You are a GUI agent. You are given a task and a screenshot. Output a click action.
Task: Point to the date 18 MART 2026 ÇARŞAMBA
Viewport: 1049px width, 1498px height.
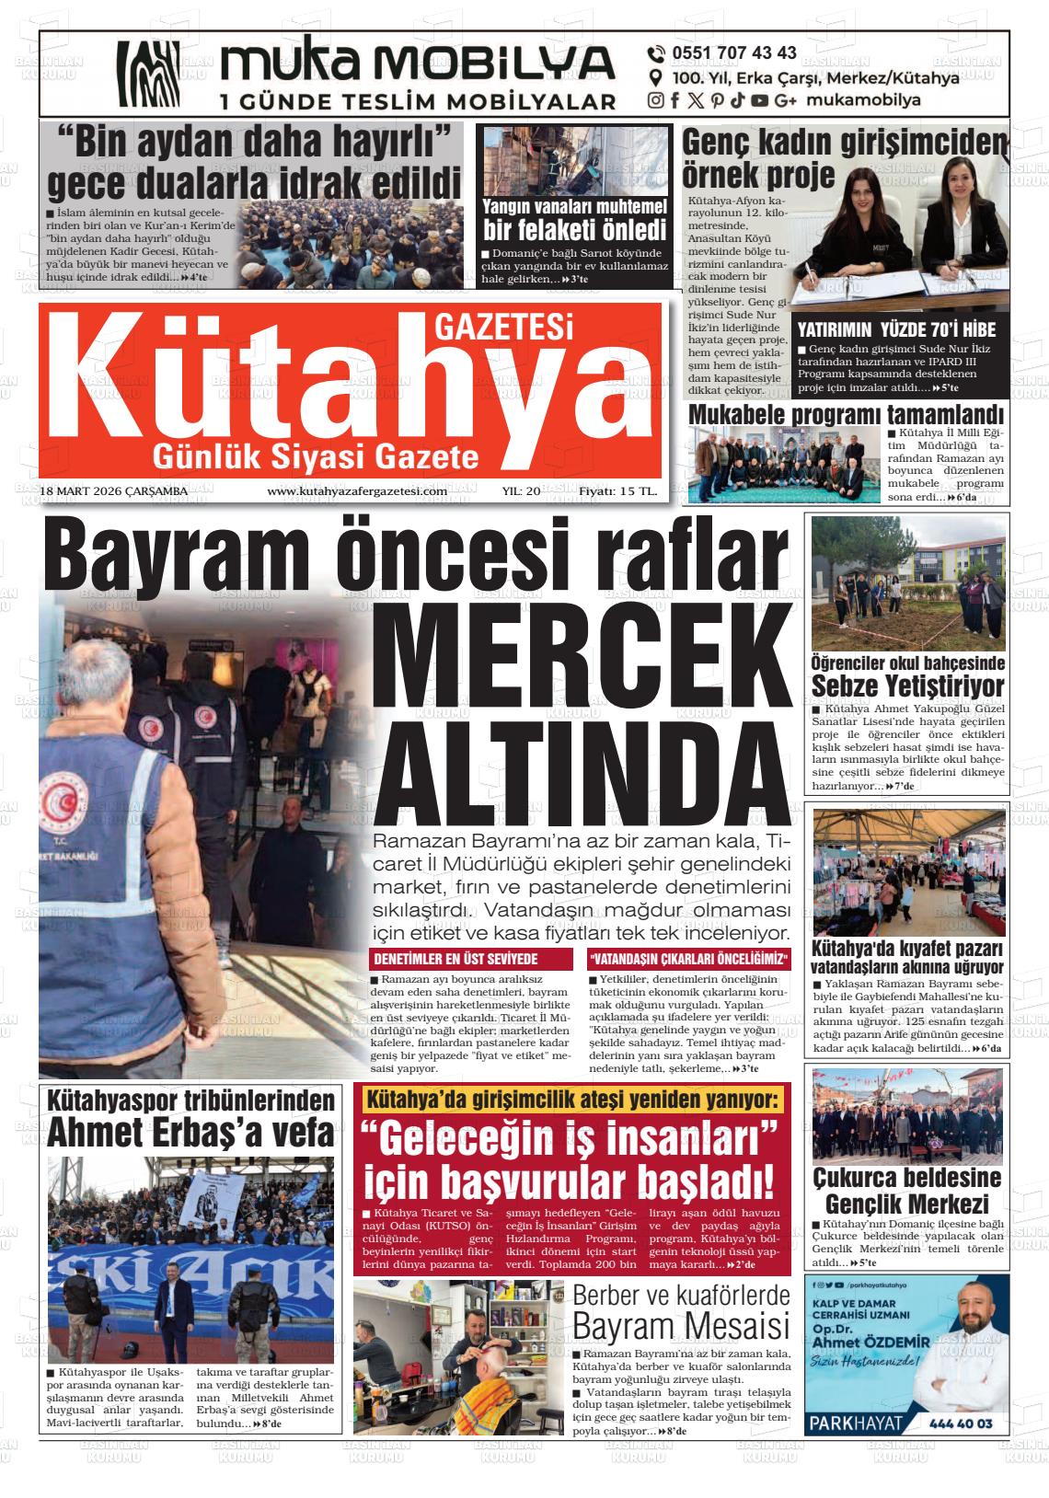pos(114,491)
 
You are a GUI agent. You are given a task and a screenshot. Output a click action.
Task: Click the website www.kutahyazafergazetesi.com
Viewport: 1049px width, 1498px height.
pos(357,491)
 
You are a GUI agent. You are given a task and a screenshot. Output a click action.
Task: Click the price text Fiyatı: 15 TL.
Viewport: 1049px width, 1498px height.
pos(617,491)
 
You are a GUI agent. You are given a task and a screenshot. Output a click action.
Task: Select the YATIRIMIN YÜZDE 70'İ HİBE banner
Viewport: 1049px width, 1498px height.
pos(896,329)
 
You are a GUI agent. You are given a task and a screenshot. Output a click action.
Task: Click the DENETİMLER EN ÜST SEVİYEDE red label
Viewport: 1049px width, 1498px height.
pos(455,959)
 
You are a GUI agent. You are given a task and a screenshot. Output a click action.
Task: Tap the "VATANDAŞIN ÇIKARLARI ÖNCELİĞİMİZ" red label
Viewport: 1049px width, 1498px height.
pos(689,959)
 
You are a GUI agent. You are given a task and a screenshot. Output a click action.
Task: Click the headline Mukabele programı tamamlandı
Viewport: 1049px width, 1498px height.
pos(846,414)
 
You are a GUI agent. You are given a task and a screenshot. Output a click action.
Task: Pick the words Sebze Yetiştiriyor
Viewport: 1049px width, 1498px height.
pos(907,686)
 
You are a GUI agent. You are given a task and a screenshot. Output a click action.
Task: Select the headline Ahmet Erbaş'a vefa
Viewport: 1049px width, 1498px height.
pos(190,1132)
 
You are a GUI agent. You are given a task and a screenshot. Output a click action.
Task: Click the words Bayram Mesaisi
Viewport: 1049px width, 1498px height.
pos(681,1327)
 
